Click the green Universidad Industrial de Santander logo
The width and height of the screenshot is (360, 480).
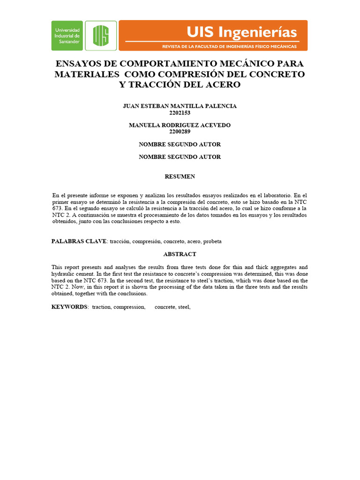[67, 35]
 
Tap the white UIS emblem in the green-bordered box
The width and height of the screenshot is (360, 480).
[101, 35]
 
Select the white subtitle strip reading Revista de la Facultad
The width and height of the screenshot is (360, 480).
[229, 47]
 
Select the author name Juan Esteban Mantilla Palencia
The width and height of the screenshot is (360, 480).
[180, 106]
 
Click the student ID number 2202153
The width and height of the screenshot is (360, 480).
[180, 112]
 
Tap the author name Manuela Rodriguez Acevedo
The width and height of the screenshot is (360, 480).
[180, 125]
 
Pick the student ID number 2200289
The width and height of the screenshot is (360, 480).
[180, 132]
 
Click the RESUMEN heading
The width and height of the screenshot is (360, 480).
[180, 177]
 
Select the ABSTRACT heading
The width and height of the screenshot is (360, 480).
[180, 254]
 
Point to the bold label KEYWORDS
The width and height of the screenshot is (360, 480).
[69, 307]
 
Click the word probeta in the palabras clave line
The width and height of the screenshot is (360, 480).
[212, 241]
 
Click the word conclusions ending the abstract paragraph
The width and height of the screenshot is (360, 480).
[134, 293]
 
